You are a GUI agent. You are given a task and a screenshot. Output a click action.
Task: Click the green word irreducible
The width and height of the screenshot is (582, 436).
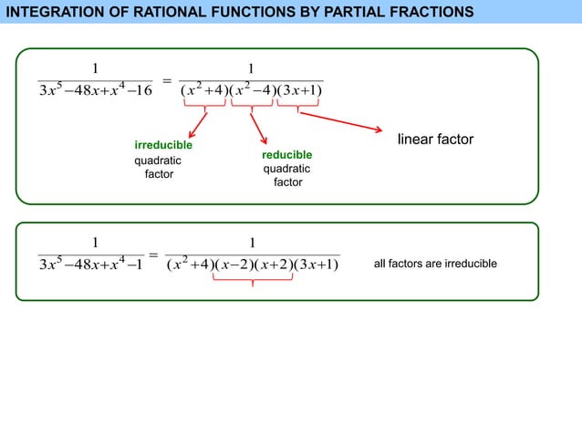pos(163,146)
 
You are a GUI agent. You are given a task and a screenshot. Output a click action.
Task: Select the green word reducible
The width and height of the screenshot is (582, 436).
pos(286,155)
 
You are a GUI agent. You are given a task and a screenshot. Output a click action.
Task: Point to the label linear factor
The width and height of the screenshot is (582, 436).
pos(435,140)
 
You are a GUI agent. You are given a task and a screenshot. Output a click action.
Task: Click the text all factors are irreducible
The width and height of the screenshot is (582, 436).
pos(436,264)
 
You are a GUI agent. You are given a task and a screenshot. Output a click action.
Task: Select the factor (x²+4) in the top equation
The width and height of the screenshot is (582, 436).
pos(203,89)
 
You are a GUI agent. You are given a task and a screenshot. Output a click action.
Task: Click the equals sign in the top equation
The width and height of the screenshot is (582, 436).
pos(167,81)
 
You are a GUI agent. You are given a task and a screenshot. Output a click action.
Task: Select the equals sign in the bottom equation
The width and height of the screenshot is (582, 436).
pos(153,255)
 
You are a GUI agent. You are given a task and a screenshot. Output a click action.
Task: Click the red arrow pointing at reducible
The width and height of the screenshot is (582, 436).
pos(258,128)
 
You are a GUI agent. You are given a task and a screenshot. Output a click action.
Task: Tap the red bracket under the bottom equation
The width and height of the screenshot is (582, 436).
pos(253,280)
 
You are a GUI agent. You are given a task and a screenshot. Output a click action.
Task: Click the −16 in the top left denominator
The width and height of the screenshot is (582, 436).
pos(138,89)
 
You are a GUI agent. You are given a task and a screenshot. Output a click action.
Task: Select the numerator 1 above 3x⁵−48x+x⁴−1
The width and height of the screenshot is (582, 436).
pos(93,243)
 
